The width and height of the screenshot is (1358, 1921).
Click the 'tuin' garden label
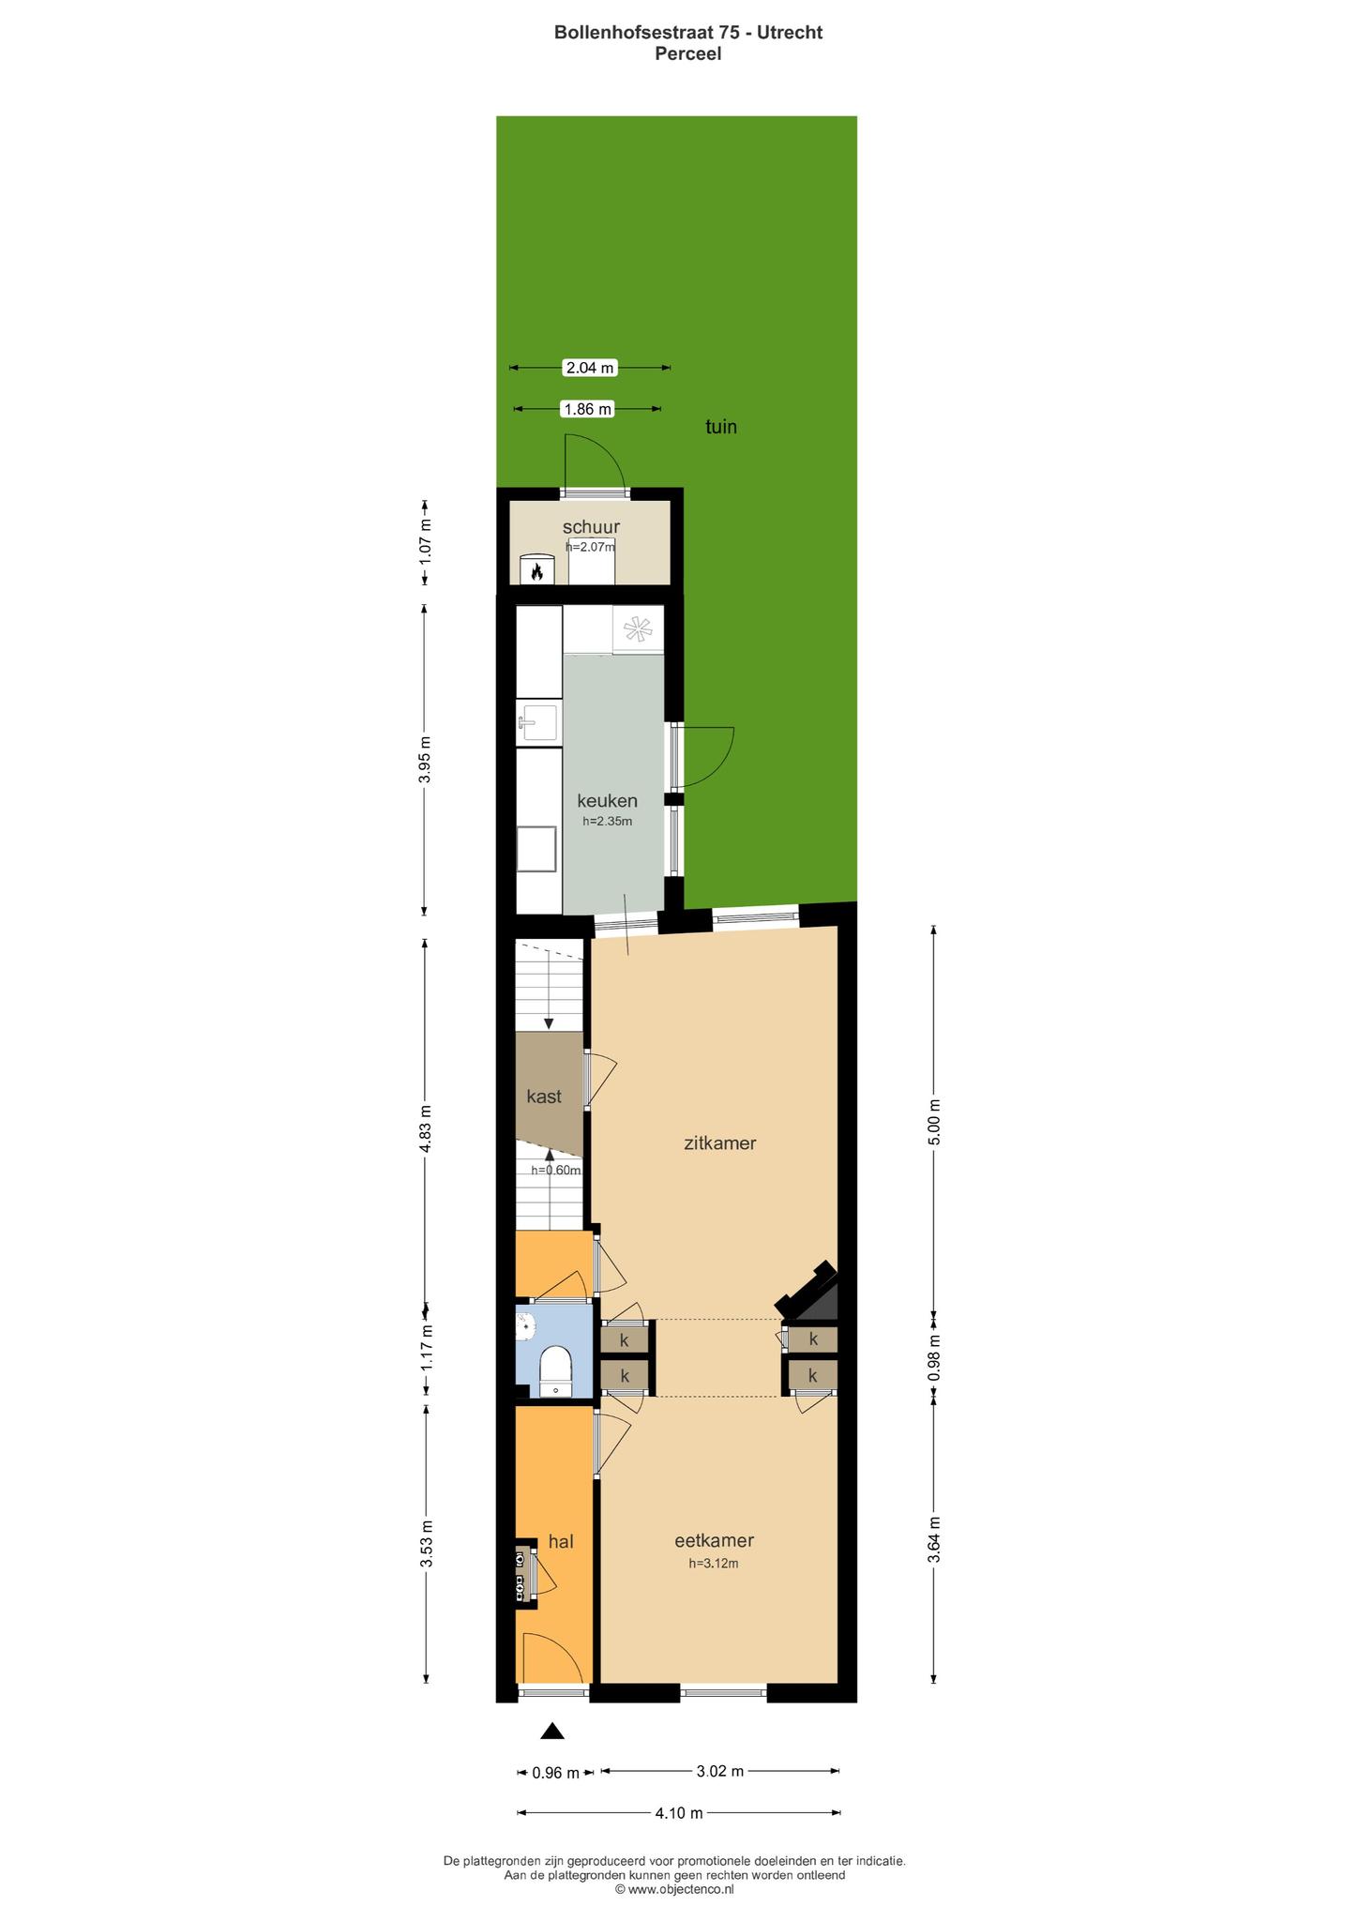click(721, 427)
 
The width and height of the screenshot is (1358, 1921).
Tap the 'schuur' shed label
click(591, 527)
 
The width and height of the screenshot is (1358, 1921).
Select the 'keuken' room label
click(607, 800)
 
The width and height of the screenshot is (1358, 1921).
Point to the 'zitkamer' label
click(720, 1142)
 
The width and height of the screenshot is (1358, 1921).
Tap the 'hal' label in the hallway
click(561, 1540)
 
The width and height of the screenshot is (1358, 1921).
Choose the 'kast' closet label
click(544, 1096)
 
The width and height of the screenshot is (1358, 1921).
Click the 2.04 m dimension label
click(590, 368)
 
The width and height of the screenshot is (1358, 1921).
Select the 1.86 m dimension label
click(587, 409)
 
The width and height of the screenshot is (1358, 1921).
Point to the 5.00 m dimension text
click(933, 1120)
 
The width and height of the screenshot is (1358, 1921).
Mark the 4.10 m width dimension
click(679, 1813)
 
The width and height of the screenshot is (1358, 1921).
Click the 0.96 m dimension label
click(556, 1772)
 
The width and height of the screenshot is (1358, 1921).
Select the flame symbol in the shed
click(537, 571)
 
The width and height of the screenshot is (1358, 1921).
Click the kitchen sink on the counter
click(537, 723)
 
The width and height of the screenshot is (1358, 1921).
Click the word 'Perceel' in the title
click(688, 53)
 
